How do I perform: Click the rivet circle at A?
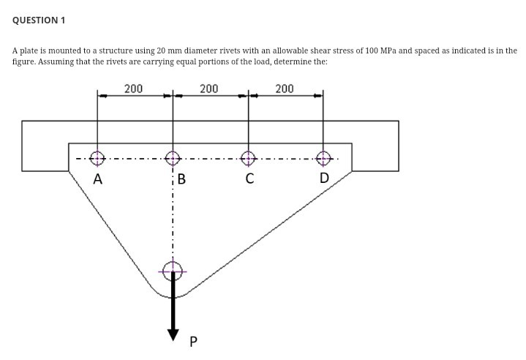[x=97, y=157]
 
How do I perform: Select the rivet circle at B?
[x=173, y=157]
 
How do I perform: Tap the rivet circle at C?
[x=249, y=157]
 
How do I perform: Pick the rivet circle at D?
[x=323, y=157]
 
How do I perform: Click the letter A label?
[x=97, y=179]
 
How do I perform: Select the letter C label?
[x=249, y=179]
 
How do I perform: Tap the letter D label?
[x=324, y=178]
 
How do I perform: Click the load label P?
[x=194, y=341]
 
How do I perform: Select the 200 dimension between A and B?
[x=133, y=89]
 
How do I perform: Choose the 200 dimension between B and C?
[x=208, y=89]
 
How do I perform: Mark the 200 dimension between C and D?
[x=285, y=89]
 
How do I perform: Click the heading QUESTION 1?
[x=39, y=20]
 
